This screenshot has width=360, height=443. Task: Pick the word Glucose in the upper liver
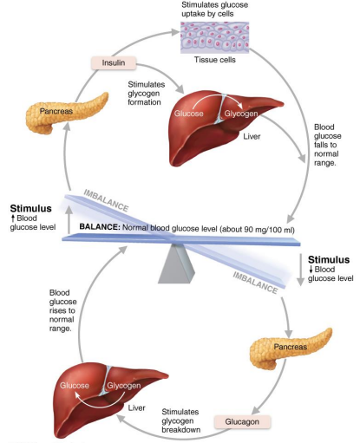pyautogui.click(x=189, y=113)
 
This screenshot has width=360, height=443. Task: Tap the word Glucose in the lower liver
pyautogui.click(x=75, y=385)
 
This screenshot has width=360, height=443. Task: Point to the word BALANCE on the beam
pyautogui.click(x=106, y=227)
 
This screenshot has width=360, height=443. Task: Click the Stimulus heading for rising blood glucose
pyautogui.click(x=31, y=209)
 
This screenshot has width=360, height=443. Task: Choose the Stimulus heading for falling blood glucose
pyautogui.click(x=328, y=259)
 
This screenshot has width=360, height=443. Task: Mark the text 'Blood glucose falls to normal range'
pyautogui.click(x=332, y=144)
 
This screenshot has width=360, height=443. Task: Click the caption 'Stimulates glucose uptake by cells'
pyautogui.click(x=214, y=10)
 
